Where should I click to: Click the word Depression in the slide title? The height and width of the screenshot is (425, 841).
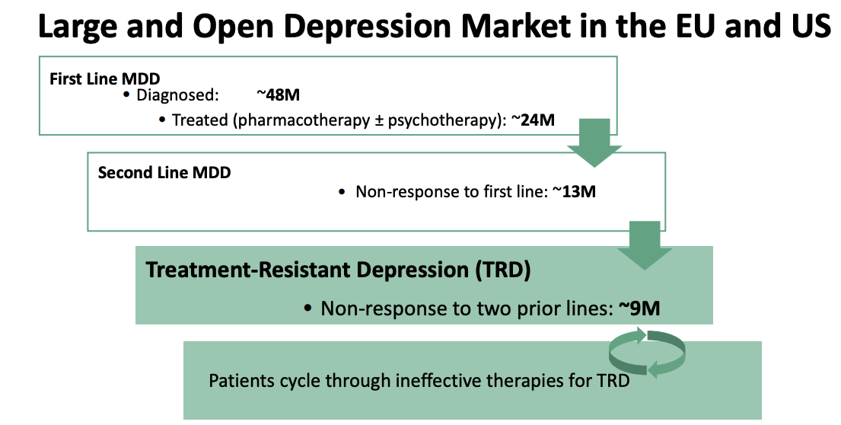(x=371, y=27)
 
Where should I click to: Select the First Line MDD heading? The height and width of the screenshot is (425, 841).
(x=104, y=79)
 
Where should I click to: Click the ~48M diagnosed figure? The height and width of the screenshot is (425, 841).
(x=278, y=95)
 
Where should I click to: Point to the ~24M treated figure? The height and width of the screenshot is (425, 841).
(x=533, y=120)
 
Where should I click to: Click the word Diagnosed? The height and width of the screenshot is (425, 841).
(x=177, y=95)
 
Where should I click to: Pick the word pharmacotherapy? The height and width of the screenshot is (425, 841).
(x=304, y=120)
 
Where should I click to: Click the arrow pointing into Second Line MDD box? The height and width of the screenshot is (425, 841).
(x=594, y=142)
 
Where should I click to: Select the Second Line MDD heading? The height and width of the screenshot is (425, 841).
(x=164, y=172)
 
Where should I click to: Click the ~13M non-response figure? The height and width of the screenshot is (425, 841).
(x=574, y=192)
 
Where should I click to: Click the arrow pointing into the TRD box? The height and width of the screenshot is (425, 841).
(x=644, y=245)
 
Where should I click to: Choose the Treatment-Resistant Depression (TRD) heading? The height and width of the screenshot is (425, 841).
(x=339, y=270)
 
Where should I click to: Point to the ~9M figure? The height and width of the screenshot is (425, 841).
(x=639, y=308)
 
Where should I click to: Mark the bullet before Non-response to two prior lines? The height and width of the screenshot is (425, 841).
(x=307, y=308)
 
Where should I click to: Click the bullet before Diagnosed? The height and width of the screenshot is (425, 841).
(x=126, y=95)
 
